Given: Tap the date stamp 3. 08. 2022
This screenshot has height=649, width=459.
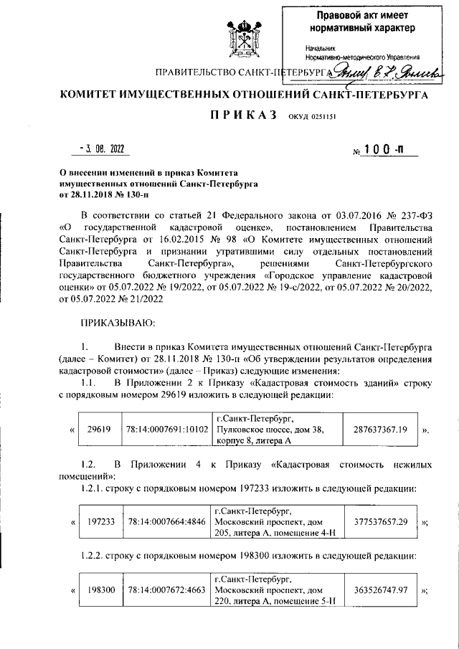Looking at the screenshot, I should pyautogui.click(x=102, y=148).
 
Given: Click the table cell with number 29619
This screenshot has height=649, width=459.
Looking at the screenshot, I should pyautogui.click(x=98, y=430).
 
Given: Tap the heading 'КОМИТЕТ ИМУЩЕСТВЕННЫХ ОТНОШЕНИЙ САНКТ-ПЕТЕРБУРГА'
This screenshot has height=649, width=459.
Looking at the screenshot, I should pyautogui.click(x=244, y=94).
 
